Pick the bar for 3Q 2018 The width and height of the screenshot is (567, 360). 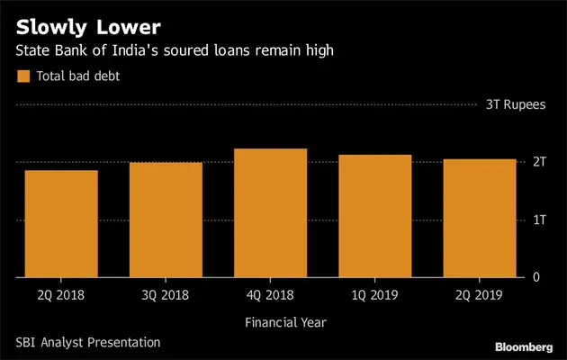(x=166, y=220)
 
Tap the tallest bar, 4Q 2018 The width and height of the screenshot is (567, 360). (x=270, y=213)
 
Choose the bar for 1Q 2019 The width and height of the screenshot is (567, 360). (x=375, y=216)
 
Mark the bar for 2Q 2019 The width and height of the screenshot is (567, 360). (x=480, y=218)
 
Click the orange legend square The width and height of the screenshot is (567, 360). (x=23, y=76)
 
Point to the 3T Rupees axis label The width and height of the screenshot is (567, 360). (x=516, y=105)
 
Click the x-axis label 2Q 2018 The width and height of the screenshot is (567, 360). (x=61, y=294)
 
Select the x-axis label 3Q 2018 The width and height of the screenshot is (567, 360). (x=166, y=294)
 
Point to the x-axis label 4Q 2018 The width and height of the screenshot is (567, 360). (x=270, y=294)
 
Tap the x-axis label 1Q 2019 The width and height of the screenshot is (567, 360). (x=375, y=294)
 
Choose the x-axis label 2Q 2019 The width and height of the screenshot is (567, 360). (x=480, y=294)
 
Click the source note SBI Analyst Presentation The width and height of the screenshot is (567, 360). (x=87, y=342)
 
